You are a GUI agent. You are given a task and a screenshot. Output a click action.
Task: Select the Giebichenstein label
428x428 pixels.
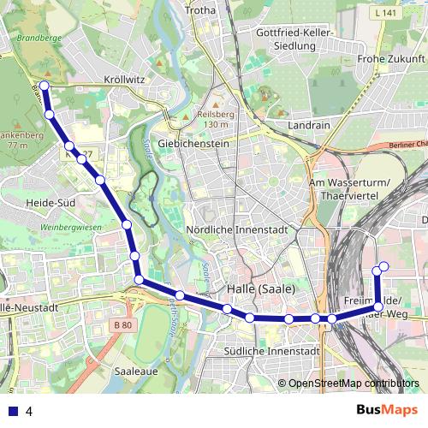coord(193,144)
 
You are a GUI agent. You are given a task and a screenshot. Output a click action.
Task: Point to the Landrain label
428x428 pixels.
coord(310,124)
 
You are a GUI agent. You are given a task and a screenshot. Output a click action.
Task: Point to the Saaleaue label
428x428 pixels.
coord(133,372)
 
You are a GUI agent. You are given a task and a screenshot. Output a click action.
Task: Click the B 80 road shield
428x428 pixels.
coord(123,325)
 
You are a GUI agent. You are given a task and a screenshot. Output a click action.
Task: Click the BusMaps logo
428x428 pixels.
coord(387,410)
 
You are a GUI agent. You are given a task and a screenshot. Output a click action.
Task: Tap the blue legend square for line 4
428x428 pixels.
coord(12,411)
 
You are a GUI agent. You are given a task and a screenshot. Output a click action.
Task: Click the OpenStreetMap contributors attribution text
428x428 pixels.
coord(353,384)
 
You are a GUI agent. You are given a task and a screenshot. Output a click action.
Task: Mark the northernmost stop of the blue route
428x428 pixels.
coord(45,86)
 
